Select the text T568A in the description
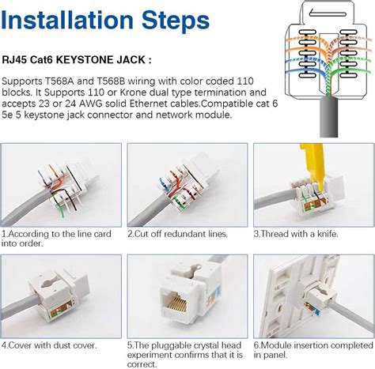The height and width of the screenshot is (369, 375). (x=66, y=83)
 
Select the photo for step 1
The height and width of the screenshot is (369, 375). (x=61, y=185)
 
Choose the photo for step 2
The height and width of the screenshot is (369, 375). (x=187, y=185)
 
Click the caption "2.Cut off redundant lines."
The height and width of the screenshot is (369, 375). (x=178, y=234)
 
